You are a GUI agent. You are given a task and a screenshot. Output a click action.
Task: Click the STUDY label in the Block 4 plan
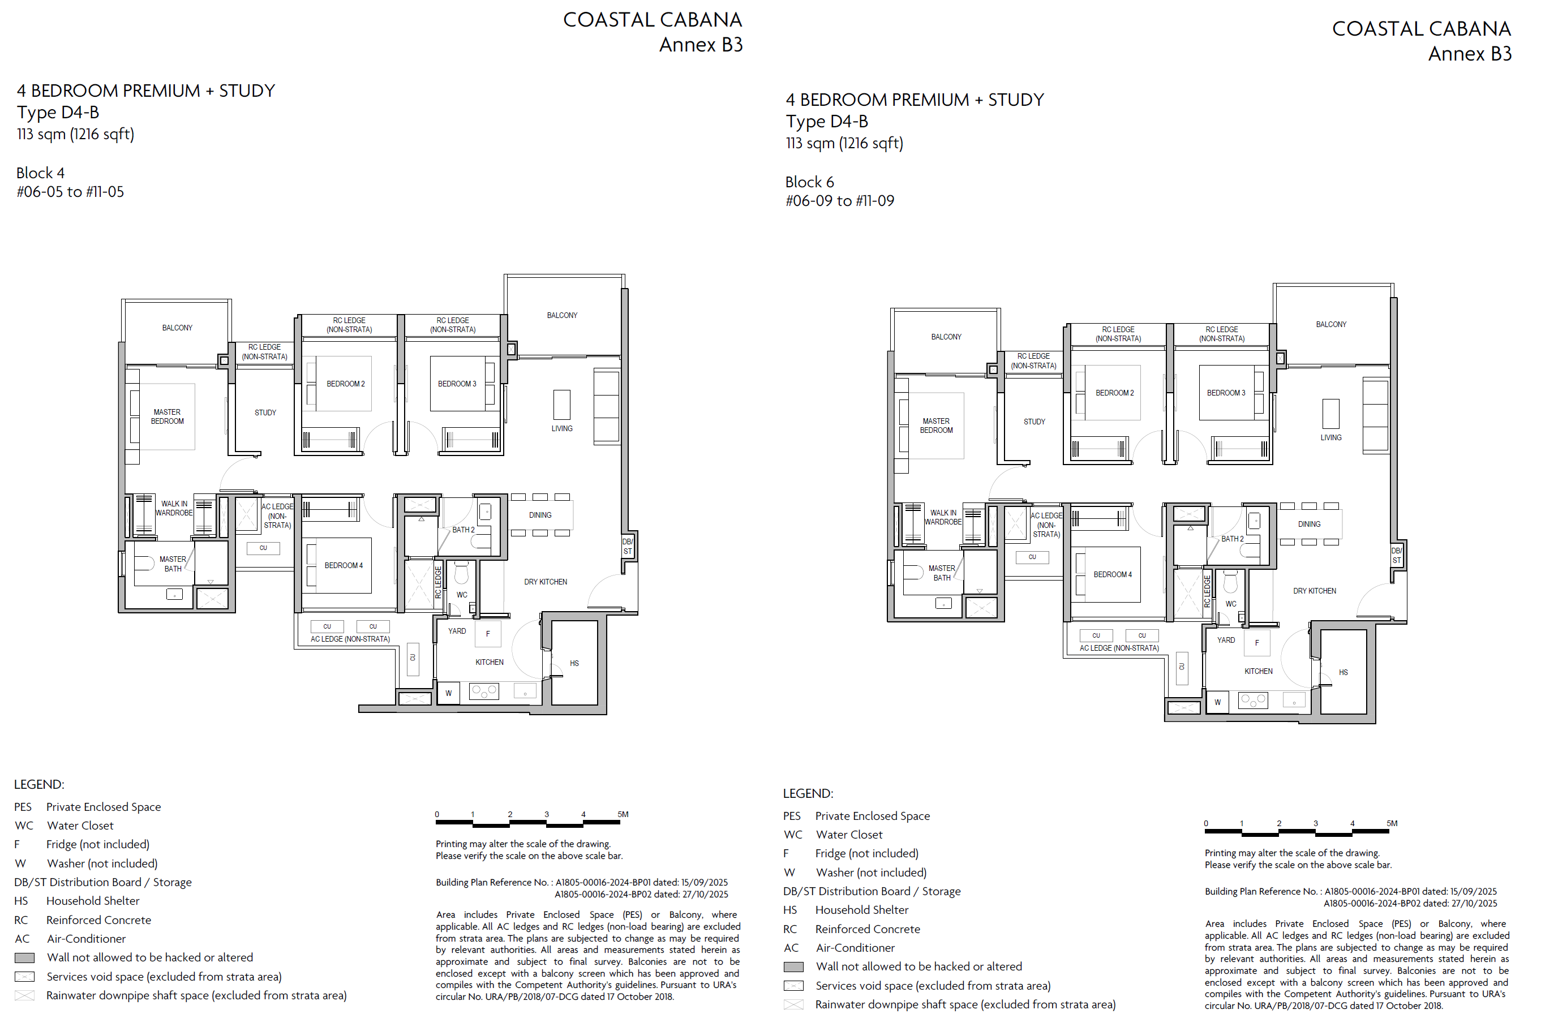pos(265,412)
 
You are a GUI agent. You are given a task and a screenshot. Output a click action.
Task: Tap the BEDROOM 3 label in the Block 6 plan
pos(1226,393)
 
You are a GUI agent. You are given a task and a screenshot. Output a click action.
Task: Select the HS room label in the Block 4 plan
pos(574,664)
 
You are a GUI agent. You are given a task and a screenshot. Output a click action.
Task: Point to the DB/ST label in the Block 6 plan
pos(1396,556)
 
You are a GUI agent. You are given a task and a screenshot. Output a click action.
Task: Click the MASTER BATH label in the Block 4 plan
pos(173,564)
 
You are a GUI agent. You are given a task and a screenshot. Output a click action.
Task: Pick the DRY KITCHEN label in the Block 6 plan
pos(1315,591)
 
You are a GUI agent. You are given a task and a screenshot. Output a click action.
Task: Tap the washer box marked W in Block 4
pos(449,693)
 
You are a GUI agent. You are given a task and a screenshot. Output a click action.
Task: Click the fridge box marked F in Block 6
pos(1257,643)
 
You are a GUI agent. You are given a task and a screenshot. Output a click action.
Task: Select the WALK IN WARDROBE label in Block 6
pos(943,517)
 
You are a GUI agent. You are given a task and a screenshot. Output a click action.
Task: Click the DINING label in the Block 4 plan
pos(540,515)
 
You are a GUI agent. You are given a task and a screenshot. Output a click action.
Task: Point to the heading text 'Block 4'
pos(41,173)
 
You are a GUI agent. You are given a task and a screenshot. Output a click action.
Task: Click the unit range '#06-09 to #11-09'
pos(840,201)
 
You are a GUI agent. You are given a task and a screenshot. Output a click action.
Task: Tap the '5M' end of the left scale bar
pos(623,814)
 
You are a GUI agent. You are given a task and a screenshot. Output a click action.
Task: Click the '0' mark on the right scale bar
pos(1205,823)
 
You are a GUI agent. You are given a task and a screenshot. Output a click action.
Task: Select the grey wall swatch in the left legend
pos(24,957)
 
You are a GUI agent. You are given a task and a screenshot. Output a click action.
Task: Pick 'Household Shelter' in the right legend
pos(862,910)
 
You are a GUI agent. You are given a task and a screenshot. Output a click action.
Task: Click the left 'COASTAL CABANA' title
pos(653,20)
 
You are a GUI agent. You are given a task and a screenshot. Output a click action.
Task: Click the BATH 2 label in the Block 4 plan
pos(463,530)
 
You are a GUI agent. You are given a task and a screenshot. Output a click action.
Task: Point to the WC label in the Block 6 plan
pos(1231,604)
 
